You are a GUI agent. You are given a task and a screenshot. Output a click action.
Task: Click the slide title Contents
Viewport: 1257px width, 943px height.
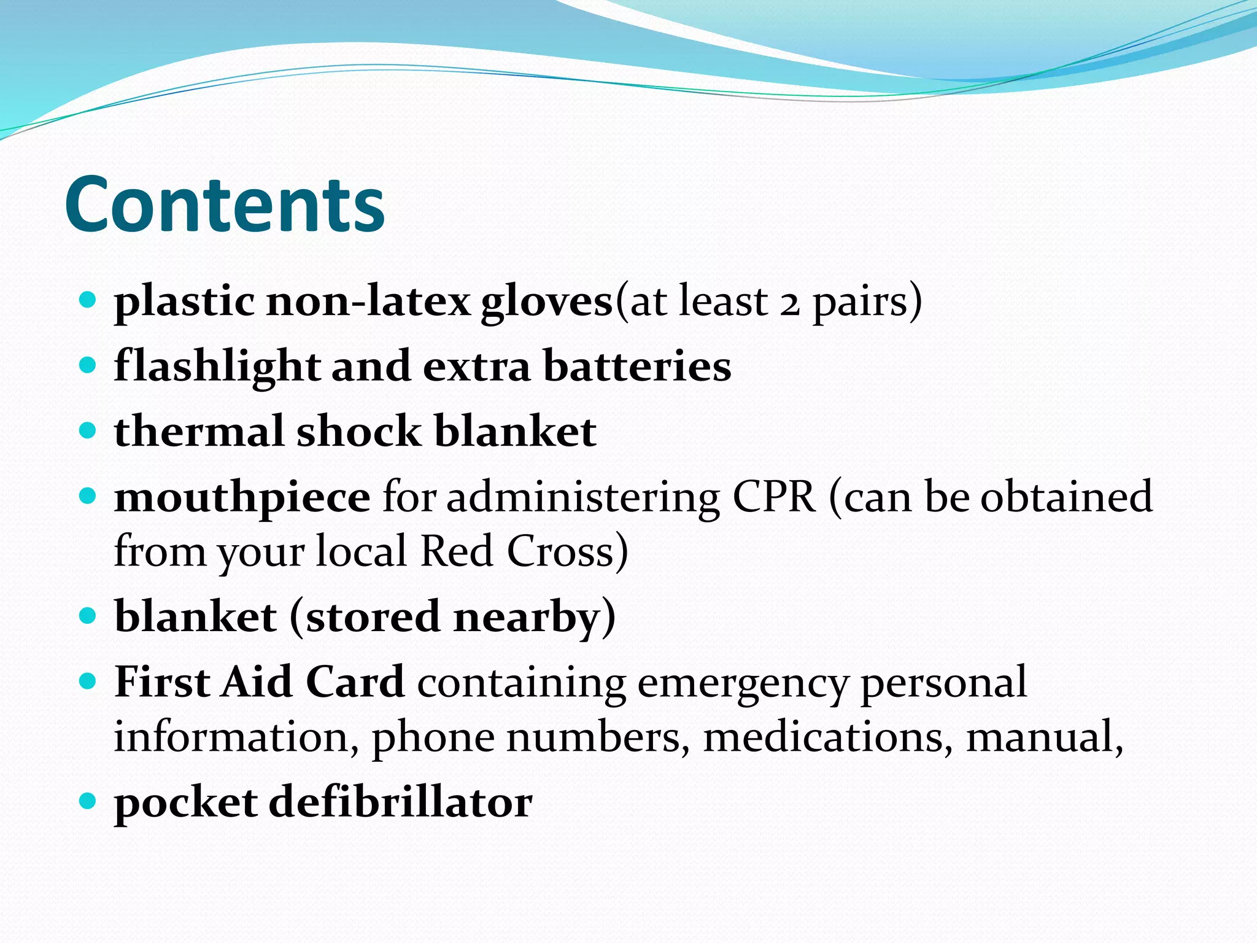pyautogui.click(x=225, y=204)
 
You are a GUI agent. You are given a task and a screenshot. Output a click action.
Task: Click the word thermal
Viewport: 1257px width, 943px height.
pyautogui.click(x=199, y=431)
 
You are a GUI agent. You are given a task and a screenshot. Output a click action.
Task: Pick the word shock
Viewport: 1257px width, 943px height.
pyautogui.click(x=359, y=431)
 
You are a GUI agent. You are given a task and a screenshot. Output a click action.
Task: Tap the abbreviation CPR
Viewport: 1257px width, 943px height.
pyautogui.click(x=774, y=497)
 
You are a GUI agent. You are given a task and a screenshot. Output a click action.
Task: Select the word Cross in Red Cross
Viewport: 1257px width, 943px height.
pyautogui.click(x=567, y=551)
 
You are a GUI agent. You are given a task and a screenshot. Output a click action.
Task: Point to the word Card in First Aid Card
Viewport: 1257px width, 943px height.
pyautogui.click(x=355, y=681)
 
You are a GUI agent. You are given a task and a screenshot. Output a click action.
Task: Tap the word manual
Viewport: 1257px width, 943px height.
pyautogui.click(x=1043, y=737)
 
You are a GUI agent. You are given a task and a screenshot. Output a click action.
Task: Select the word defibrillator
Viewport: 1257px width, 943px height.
pyautogui.click(x=400, y=802)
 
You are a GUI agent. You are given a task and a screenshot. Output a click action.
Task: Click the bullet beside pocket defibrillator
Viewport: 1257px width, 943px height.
pyautogui.click(x=88, y=801)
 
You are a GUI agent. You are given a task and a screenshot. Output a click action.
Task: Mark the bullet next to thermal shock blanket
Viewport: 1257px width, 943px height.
pyautogui.click(x=88, y=430)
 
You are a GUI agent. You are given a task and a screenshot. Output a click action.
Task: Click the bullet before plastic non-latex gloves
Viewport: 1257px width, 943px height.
pyautogui.click(x=88, y=300)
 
